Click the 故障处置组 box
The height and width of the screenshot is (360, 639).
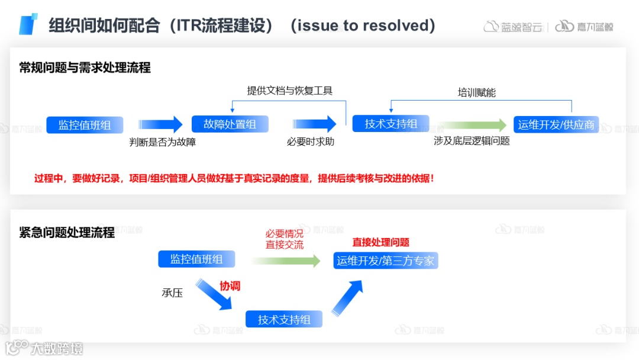(230, 124)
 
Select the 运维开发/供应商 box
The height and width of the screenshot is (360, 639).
(556, 124)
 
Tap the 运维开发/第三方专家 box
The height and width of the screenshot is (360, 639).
(386, 261)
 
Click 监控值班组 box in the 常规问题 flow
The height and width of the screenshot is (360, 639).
(85, 125)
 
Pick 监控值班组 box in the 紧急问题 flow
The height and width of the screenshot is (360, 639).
(196, 259)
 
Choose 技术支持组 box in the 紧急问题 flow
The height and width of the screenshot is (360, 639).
(284, 320)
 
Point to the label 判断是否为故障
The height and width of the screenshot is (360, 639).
(163, 142)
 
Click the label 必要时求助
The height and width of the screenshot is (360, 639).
(311, 142)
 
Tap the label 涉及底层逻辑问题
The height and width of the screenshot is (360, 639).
(472, 141)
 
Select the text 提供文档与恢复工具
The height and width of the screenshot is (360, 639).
(290, 91)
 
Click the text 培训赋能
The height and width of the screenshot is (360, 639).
(476, 92)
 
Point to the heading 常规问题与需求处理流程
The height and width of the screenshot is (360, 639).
(85, 67)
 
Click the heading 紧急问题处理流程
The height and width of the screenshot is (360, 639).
(67, 232)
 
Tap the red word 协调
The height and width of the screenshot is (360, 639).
(230, 286)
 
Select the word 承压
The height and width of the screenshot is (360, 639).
(172, 292)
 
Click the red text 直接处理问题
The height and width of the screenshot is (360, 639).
(381, 242)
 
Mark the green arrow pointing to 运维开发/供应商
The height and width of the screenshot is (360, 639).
(473, 125)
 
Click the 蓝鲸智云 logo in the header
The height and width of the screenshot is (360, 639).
(513, 27)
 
